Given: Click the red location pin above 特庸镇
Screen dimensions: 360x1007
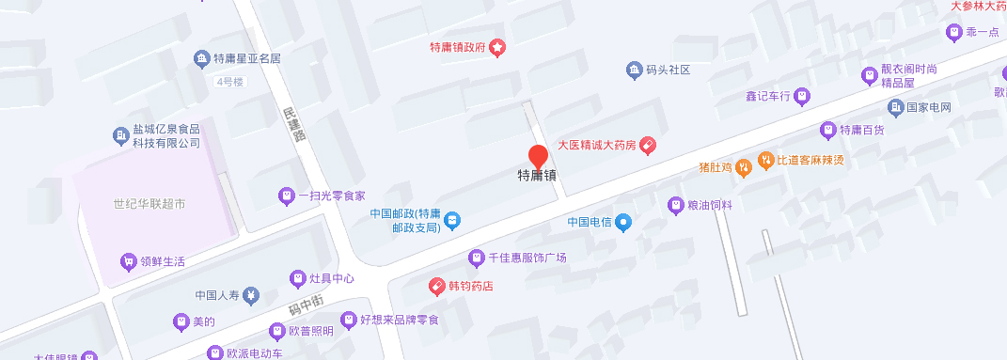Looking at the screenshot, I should [x=538, y=156].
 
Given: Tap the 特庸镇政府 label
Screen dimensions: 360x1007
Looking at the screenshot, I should [x=458, y=48].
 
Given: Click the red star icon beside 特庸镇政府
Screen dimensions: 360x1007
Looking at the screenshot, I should [x=498, y=48].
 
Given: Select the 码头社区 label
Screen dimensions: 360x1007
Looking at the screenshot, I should [x=669, y=70].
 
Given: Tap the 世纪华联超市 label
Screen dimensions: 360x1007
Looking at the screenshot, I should [x=149, y=204].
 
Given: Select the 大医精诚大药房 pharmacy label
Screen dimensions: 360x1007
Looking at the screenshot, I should [x=598, y=146].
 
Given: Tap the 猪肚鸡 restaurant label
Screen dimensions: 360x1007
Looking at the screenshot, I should [x=716, y=167].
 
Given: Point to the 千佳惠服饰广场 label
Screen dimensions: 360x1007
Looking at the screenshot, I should [x=527, y=258].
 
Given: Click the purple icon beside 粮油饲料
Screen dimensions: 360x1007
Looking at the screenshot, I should [x=675, y=204].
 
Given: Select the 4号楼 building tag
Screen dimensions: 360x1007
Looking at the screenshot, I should [x=229, y=82].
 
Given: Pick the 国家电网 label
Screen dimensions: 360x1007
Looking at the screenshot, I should [x=935, y=107].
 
